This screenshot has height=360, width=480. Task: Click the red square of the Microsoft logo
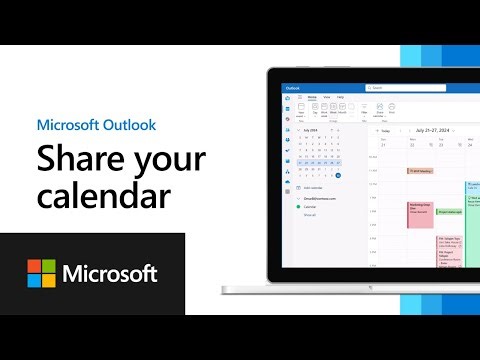pos(35,266)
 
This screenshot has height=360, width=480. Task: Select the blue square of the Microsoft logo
pos(35,280)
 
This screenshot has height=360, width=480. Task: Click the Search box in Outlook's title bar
pos(404,88)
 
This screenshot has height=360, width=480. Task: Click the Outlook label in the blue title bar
pos(293,88)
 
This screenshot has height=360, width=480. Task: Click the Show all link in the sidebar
pos(309,214)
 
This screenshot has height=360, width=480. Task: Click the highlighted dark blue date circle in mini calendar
pos(338,176)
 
